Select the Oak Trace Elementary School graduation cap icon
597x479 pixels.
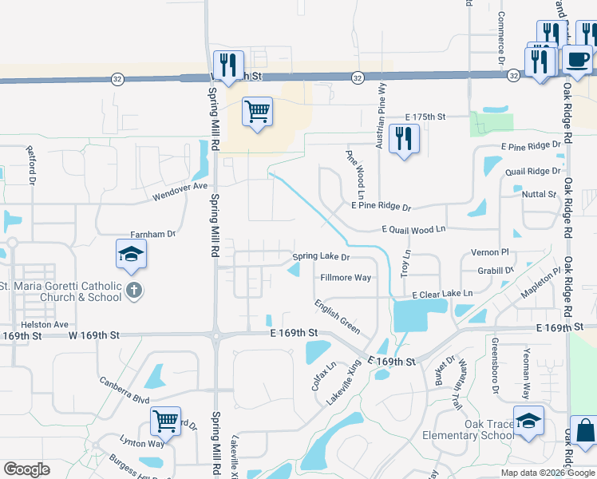tap(528, 421)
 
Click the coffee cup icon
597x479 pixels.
tap(577, 58)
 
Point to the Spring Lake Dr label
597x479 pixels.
tap(321, 257)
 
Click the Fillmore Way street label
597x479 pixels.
tap(346, 278)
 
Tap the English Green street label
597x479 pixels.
tap(336, 317)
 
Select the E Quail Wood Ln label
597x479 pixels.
tap(413, 230)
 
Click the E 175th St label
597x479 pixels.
tap(424, 117)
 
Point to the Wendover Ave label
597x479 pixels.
tap(180, 191)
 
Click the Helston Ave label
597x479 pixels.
tap(45, 325)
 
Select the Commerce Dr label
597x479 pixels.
tap(502, 38)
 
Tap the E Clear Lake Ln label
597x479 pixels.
tap(442, 294)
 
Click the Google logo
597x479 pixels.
tap(26, 469)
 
